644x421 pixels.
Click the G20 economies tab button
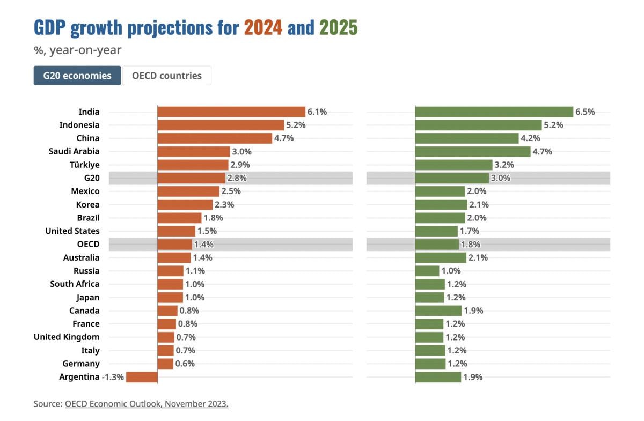pyautogui.click(x=77, y=76)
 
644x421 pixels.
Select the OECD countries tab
pyautogui.click(x=167, y=76)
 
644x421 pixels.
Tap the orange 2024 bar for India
pyautogui.click(x=231, y=112)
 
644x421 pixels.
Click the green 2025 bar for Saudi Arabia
pyautogui.click(x=473, y=151)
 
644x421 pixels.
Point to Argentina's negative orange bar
pyautogui.click(x=142, y=377)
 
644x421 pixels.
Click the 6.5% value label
pyautogui.click(x=585, y=112)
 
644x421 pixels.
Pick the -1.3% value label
pyautogui.click(x=113, y=377)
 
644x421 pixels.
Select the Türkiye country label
pyautogui.click(x=85, y=165)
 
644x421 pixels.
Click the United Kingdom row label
pyautogui.click(x=67, y=337)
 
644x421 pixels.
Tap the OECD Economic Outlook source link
pyautogui.click(x=147, y=404)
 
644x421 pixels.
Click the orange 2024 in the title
pyautogui.click(x=263, y=27)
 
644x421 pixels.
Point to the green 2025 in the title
pyautogui.click(x=339, y=27)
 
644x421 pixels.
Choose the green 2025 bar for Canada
pyautogui.click(x=438, y=311)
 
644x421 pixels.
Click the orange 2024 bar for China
pyautogui.click(x=215, y=138)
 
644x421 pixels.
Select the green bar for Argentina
pyautogui.click(x=438, y=377)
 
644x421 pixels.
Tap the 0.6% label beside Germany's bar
pyautogui.click(x=185, y=364)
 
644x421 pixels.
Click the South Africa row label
pyautogui.click(x=75, y=284)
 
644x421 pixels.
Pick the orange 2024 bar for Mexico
pyautogui.click(x=188, y=191)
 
